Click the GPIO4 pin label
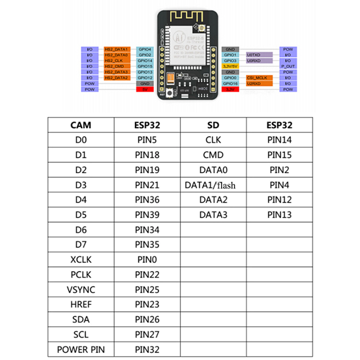tap(145, 49)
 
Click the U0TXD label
tap(254, 55)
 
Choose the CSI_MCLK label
tap(256, 78)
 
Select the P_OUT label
tap(287, 66)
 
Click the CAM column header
tap(81, 125)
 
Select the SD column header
tap(213, 125)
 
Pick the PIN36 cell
tap(148, 200)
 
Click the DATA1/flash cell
tap(213, 184)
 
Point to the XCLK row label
tap(81, 260)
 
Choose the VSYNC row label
tap(81, 290)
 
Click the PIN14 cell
tap(280, 140)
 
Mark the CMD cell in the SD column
tap(213, 155)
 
